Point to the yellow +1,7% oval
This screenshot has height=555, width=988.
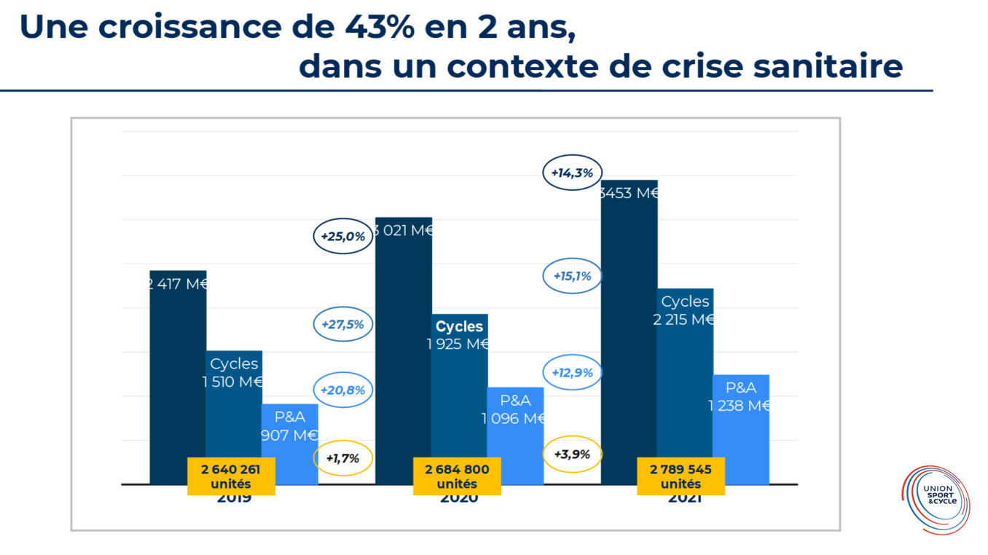coord(342,458)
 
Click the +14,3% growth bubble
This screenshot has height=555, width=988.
coord(573,173)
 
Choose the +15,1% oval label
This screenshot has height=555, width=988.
coord(573,276)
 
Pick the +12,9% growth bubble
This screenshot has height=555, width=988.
coord(573,372)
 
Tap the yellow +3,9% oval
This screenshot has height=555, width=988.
coord(573,454)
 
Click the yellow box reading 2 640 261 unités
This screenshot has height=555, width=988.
coord(231,476)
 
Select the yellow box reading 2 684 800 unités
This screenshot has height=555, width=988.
coord(457,476)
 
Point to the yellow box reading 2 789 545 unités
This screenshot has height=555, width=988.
coord(681,476)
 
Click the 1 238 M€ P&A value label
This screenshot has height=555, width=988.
coord(740,406)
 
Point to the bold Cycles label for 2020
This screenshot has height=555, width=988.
coord(459,326)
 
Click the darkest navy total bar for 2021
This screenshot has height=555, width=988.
coord(629,328)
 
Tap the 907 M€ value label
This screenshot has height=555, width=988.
coord(290,435)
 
